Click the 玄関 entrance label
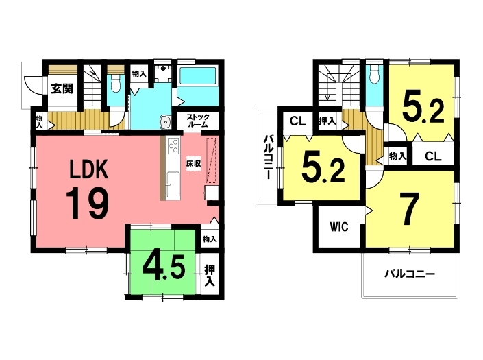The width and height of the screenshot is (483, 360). pos(62,88)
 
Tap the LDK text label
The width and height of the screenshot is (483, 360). pos(88,169)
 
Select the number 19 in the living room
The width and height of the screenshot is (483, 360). pos(87,204)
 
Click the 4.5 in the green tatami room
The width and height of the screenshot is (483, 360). pos(164,267)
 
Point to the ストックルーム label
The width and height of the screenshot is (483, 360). pos(198,121)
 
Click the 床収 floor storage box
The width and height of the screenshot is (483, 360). pos(193,163)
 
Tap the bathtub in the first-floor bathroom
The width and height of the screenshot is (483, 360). pos(198,76)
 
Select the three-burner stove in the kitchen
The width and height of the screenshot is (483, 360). pos(173,145)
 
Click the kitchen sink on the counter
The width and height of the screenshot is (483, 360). pos(173,184)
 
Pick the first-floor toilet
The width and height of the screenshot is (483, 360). pos(116,83)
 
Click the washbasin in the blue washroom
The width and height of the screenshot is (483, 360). pos(166,122)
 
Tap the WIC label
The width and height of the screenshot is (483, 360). pos(339,227)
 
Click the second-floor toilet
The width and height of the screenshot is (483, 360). pos(374,75)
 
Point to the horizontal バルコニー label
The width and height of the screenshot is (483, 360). pos(410,274)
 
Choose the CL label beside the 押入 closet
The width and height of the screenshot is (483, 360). pos(298,121)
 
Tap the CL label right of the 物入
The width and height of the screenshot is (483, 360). pos(433,156)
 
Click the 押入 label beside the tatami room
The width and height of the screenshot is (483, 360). pos(210,276)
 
